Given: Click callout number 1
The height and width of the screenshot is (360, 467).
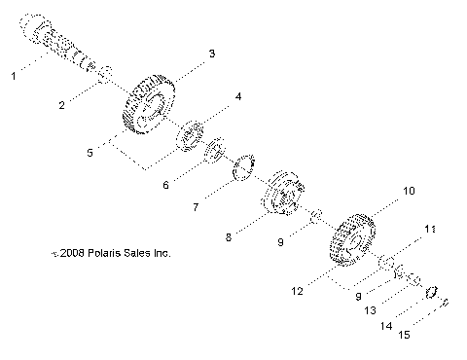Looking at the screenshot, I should pos(13,74).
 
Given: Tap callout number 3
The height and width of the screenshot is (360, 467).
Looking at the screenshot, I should pos(212,52).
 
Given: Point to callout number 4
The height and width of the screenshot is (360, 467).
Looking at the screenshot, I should pos(237,97).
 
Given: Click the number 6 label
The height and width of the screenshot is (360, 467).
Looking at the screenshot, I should pos(165,185).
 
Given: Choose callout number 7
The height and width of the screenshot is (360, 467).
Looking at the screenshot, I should pos(198,207).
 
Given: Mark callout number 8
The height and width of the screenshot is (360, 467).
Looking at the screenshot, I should pos(229,235).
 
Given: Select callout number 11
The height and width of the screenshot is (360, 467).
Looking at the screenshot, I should pos(429,230).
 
